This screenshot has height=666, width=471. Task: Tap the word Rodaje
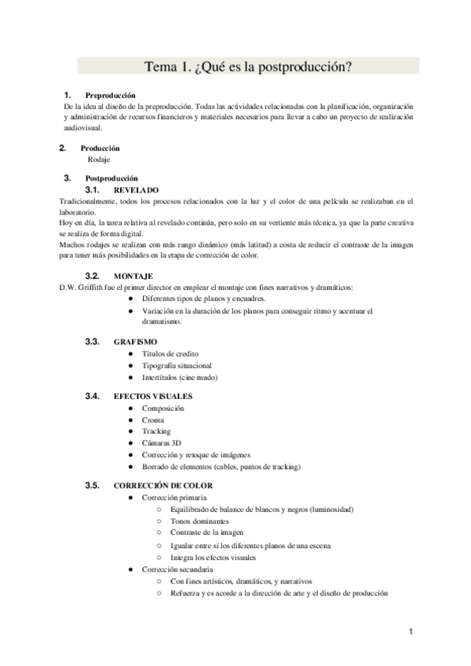pos(99,159)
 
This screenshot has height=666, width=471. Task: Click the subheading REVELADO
pos(136,190)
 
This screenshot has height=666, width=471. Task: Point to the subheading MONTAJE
pos(133,276)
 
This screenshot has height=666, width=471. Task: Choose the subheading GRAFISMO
pos(136,342)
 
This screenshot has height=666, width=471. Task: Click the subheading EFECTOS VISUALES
pos(152,396)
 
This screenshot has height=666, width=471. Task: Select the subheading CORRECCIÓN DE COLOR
pos(163,485)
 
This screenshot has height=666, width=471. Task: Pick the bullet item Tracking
pos(156,431)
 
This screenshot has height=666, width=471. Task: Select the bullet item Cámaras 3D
pos(161,443)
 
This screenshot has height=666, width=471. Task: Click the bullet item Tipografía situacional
pos(177,365)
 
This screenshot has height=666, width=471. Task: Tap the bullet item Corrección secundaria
pos(177,569)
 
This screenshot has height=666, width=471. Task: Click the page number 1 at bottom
pos(411,631)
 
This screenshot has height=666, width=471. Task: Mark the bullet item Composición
pos(163,408)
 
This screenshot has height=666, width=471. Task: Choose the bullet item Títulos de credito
pos(170,353)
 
